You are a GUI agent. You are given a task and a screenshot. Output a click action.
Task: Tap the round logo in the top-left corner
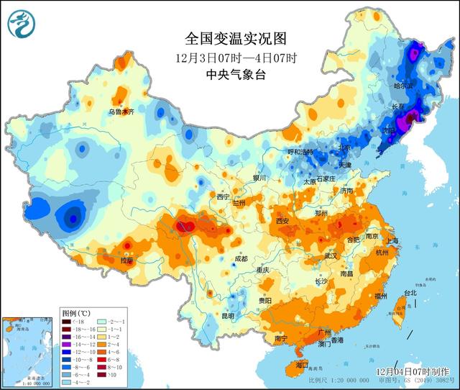(x=22, y=24)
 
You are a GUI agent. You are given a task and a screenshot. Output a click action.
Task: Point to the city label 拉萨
(x=126, y=260)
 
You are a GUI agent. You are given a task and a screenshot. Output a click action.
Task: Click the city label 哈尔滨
(x=405, y=86)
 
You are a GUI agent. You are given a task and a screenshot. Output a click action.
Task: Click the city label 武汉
(x=331, y=255)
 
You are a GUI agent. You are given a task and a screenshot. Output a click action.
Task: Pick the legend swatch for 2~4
(x=101, y=345)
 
